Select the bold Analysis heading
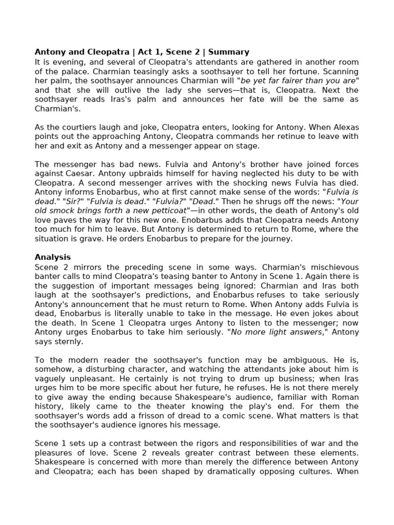point(52,257)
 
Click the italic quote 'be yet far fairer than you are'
point(298,81)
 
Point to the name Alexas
point(343,127)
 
